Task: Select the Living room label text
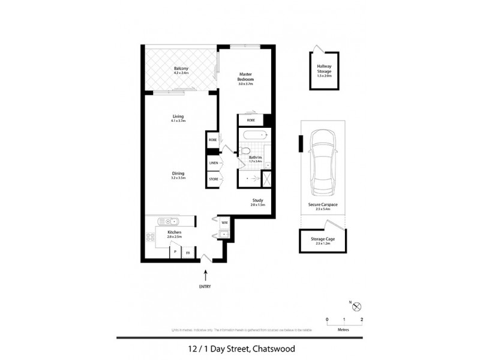[x=178, y=116]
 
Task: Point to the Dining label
[x=178, y=174]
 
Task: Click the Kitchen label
[x=174, y=232]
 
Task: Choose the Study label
[x=257, y=202]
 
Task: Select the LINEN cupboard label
[x=213, y=163]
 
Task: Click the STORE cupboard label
[x=213, y=178]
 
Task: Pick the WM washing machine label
[x=224, y=223]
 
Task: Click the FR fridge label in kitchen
[x=188, y=253]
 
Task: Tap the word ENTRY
[x=206, y=287]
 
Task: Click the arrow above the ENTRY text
[x=206, y=275]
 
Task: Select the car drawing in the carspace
[x=323, y=161]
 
